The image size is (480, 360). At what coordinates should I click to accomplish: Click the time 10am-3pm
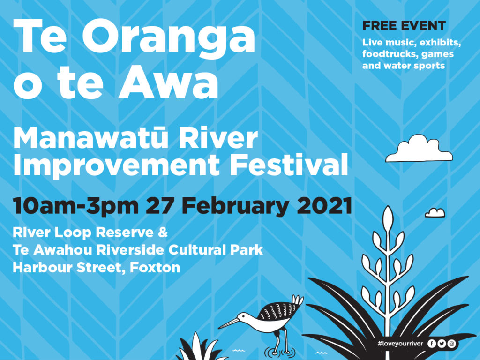tap(75, 206)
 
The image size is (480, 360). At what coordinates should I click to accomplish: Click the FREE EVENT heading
tap(404, 26)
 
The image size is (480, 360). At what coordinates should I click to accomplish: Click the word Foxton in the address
tap(155, 268)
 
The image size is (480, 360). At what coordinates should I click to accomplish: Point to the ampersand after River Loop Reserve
tap(163, 232)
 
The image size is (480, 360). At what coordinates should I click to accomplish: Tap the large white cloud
tap(419, 150)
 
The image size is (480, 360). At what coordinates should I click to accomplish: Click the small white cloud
tap(435, 213)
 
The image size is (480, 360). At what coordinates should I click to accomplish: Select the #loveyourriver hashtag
tap(400, 344)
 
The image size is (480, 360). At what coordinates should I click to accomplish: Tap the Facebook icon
tap(432, 344)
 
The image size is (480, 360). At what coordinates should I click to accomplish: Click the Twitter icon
tap(442, 344)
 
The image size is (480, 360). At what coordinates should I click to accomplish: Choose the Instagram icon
tap(451, 344)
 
